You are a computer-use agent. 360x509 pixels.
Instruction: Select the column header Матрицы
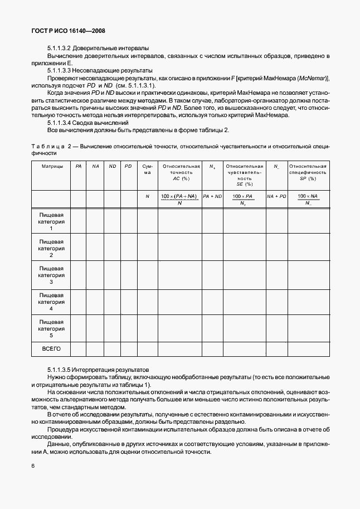tap(51, 166)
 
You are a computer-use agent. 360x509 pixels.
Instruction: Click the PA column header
tap(79, 166)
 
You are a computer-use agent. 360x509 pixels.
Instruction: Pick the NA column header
tap(95, 166)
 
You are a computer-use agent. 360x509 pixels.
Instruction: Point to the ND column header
tap(112, 166)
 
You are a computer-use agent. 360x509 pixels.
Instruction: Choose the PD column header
tap(128, 166)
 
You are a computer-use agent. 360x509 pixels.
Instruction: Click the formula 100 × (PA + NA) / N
tap(180, 200)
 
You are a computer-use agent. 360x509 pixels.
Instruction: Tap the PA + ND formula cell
tap(212, 196)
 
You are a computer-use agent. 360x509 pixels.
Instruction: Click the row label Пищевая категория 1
tap(51, 221)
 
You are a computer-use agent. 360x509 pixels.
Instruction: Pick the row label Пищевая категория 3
tap(51, 274)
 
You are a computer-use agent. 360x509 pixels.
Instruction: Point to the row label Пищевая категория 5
tap(51, 328)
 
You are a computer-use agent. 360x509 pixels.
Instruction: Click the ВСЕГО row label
tap(51, 349)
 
